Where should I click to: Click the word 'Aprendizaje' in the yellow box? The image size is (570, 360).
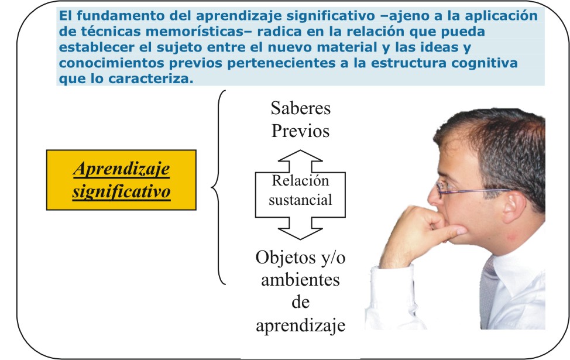tap(121, 169)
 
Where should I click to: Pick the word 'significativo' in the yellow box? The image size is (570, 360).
tap(121, 191)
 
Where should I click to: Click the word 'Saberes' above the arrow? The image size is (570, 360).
tap(301, 108)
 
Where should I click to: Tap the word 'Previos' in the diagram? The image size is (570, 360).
tap(300, 131)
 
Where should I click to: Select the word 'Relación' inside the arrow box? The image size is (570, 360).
tap(300, 180)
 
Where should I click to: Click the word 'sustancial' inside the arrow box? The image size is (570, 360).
tap(300, 200)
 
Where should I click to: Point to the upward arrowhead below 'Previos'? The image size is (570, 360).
tap(300, 156)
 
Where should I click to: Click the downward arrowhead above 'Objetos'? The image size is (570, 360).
tap(300, 234)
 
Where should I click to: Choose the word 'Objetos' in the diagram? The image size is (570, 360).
tap(284, 258)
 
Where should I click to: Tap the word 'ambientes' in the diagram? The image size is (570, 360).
tap(300, 280)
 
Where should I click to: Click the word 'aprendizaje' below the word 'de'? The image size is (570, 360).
tap(300, 325)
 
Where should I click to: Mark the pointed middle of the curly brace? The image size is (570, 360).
tap(212, 187)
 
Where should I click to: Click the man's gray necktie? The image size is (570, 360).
tap(489, 291)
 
